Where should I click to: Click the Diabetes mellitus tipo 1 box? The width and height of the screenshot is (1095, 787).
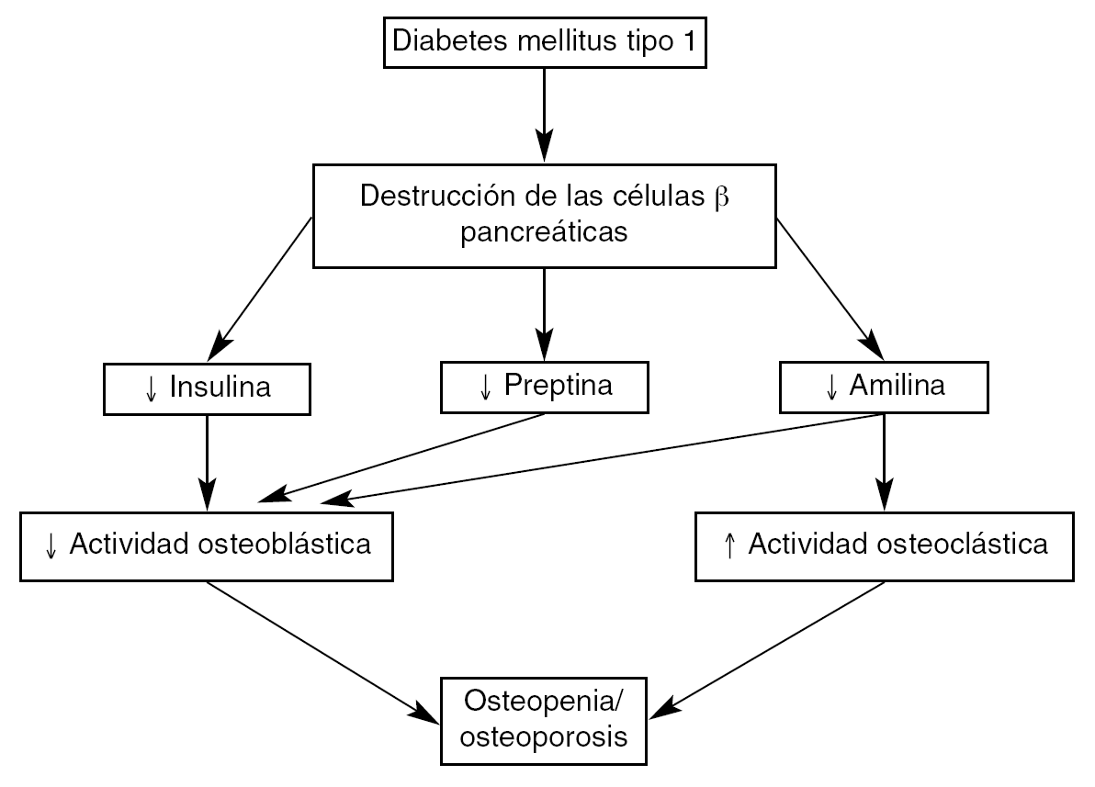click(x=545, y=42)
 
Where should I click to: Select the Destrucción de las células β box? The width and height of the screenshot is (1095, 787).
click(x=545, y=214)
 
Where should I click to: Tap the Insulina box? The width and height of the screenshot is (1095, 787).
click(x=208, y=388)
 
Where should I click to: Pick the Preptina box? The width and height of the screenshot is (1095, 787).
click(x=545, y=386)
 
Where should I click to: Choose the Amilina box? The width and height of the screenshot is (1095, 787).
click(x=884, y=386)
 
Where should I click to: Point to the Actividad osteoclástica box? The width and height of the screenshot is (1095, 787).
click(x=884, y=545)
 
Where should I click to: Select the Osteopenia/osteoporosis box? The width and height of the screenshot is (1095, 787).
click(x=545, y=721)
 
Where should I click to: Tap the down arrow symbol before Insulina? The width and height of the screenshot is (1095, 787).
click(x=152, y=388)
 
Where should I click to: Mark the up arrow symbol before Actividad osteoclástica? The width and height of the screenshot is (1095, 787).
click(x=730, y=545)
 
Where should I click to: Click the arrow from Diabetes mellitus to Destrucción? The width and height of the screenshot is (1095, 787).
click(x=545, y=114)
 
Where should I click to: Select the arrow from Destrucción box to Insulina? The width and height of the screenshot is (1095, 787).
click(x=262, y=288)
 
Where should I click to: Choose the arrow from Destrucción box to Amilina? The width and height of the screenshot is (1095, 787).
click(x=829, y=288)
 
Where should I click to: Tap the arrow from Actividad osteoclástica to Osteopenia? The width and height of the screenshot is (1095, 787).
click(x=772, y=647)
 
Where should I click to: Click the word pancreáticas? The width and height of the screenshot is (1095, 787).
click(x=545, y=232)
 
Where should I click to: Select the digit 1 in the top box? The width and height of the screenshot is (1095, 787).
click(x=689, y=41)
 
